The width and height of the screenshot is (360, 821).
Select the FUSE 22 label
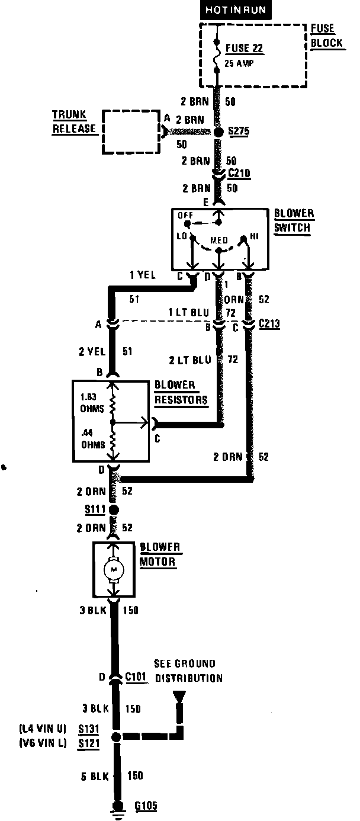(245, 49)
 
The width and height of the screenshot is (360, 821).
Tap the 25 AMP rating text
(239, 63)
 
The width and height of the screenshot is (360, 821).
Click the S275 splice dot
(218, 132)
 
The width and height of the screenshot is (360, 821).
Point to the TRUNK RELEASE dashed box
(131, 131)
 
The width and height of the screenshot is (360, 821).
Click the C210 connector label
(239, 174)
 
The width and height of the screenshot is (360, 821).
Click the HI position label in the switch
(255, 236)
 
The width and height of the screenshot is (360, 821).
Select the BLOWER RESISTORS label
(181, 392)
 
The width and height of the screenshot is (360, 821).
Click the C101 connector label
(136, 676)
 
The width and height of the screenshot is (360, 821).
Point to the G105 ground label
(146, 806)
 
